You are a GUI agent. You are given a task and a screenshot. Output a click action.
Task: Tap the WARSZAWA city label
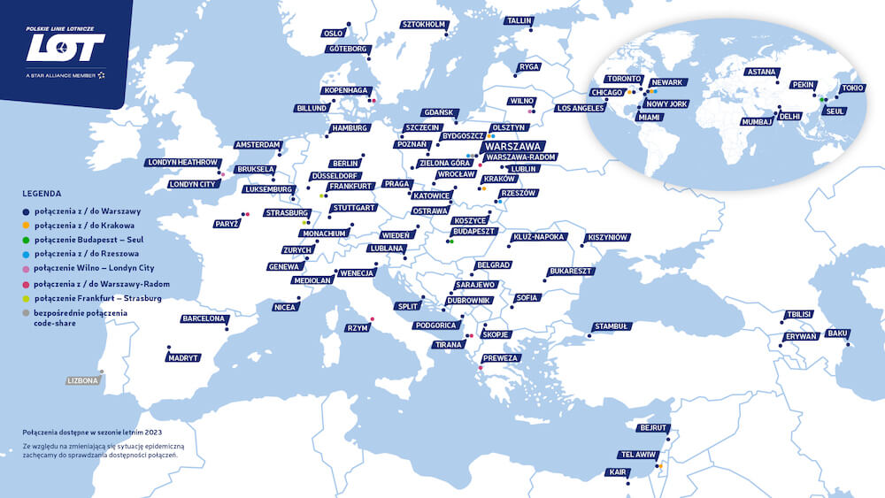point(514,146)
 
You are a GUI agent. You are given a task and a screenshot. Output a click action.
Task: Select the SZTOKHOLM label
point(423,25)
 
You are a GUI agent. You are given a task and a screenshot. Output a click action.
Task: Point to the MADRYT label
point(183,358)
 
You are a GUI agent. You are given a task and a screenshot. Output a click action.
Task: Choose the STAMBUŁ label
point(611,326)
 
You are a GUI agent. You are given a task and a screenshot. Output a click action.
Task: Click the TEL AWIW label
point(635,455)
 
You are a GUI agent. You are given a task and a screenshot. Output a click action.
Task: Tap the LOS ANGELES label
point(581,108)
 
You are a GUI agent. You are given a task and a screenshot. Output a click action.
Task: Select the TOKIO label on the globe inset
point(850,88)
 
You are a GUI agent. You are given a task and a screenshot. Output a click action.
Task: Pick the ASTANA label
point(761,72)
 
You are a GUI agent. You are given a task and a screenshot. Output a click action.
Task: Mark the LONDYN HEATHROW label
point(182,163)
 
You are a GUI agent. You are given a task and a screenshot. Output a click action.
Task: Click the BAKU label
point(836,333)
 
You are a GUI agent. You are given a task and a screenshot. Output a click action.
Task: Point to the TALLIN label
point(519,20)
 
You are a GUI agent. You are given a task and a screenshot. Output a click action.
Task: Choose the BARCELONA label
point(203,318)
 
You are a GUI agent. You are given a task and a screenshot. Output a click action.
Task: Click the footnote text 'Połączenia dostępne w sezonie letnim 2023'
point(92,432)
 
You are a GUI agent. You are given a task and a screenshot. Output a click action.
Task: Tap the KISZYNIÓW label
point(606,238)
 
